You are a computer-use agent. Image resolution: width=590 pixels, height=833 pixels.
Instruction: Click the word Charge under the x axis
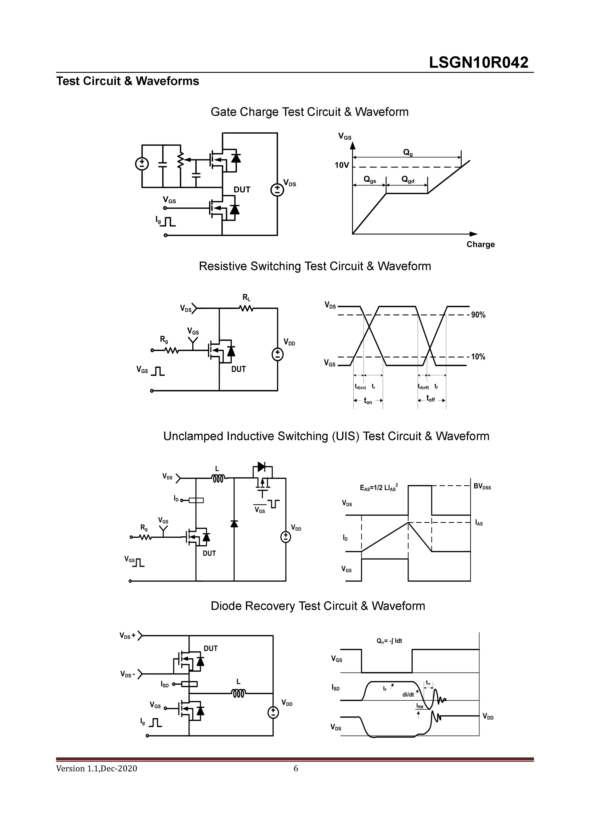tap(480, 244)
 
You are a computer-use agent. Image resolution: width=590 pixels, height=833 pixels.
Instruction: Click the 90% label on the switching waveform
tap(478, 315)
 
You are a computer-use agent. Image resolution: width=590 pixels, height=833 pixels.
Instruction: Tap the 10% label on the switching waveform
tap(478, 357)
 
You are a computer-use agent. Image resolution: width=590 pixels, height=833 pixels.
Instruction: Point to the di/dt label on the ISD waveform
tap(408, 695)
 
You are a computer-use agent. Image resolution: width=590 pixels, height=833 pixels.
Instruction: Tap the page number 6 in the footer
tap(296, 768)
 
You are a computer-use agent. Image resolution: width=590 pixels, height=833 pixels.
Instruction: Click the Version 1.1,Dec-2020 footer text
tap(97, 768)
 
